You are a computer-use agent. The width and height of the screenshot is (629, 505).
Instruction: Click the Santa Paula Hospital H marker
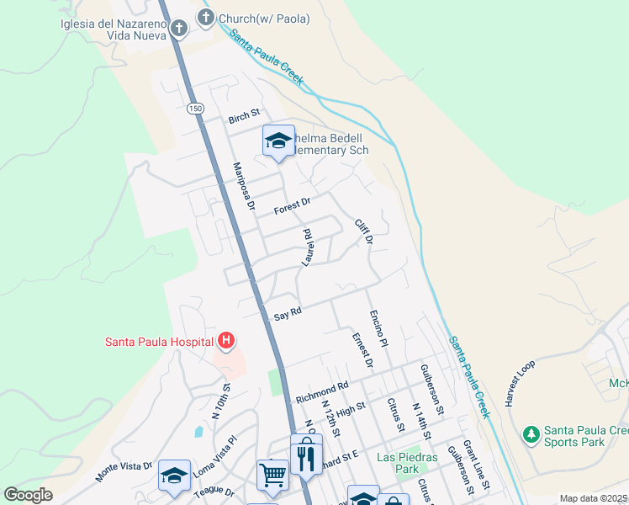click(x=225, y=341)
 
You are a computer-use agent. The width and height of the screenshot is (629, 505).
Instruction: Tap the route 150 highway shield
click(x=195, y=109)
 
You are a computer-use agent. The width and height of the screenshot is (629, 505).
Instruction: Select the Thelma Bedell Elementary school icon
click(x=277, y=141)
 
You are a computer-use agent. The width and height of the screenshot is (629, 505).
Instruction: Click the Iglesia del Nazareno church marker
click(x=178, y=29)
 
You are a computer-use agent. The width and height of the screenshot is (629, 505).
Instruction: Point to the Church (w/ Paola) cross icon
click(x=206, y=18)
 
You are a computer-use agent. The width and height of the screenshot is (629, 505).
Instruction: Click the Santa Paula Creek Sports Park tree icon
click(x=531, y=434)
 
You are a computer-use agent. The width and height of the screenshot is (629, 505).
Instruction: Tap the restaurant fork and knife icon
click(x=305, y=457)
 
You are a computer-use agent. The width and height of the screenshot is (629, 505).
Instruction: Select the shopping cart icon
click(x=272, y=476)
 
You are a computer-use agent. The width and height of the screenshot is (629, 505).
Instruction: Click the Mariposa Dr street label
click(x=243, y=186)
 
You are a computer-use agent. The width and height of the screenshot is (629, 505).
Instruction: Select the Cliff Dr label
click(x=363, y=231)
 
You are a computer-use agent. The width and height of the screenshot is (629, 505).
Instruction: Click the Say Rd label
click(x=288, y=315)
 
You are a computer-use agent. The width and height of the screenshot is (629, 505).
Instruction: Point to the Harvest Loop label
click(x=520, y=384)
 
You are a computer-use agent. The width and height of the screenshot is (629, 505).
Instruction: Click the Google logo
click(x=29, y=495)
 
